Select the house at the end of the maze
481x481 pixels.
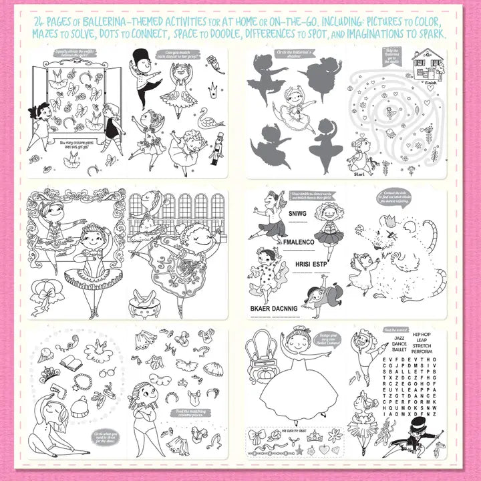428,64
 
